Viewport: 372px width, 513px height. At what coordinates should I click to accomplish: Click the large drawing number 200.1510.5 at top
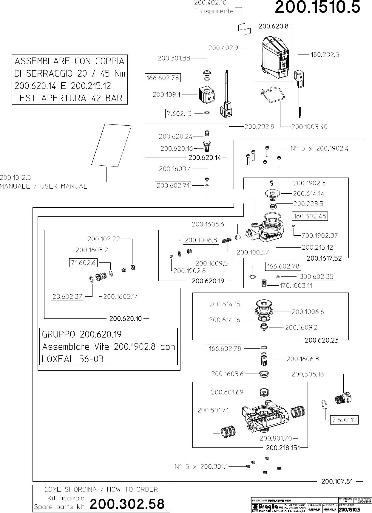pos(317,7)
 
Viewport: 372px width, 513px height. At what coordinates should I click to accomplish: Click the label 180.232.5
pos(325,55)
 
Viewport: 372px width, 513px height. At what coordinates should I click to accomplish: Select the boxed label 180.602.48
pos(309,216)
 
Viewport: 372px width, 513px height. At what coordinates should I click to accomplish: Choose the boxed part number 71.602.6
pos(83,262)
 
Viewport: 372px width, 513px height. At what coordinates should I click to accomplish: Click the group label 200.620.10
pos(125,318)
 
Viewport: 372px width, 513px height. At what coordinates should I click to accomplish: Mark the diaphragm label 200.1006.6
pos(308,312)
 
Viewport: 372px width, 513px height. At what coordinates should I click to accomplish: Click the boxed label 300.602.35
pos(317,276)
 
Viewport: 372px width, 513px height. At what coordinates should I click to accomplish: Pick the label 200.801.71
pos(213,410)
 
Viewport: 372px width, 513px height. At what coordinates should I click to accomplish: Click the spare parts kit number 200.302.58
pos(127,504)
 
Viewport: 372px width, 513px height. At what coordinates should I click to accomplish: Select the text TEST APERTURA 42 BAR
pos(69,98)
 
